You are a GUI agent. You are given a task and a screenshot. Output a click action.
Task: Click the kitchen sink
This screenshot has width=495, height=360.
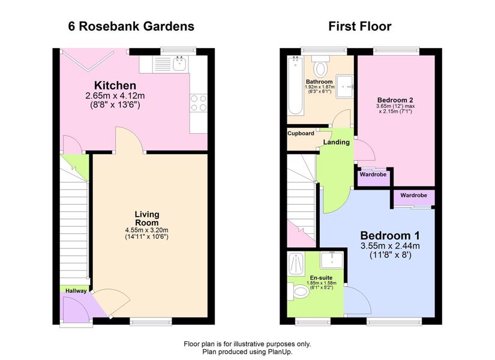tap(180, 64)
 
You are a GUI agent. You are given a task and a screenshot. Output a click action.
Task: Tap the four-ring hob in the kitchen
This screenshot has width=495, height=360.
tap(199, 103)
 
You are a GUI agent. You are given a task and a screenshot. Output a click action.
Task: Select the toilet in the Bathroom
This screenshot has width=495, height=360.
tap(321, 66)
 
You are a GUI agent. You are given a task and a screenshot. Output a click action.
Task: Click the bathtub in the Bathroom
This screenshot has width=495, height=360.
tap(295, 85)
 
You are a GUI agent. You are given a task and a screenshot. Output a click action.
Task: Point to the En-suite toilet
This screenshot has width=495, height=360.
tap(298, 291)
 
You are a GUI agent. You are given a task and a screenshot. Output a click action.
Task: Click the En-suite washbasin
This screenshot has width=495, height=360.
tap(332, 260)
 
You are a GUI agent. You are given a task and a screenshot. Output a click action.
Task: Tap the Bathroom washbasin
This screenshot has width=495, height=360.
tap(345, 86)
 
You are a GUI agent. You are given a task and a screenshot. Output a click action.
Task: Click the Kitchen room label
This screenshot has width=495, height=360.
tap(115, 85)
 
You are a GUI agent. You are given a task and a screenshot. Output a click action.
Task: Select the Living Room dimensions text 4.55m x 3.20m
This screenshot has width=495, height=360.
tap(146, 230)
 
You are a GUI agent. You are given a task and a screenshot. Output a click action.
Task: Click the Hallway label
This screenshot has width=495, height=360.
tap(76, 291)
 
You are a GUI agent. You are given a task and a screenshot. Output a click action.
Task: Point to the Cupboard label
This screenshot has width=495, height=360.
tap(301, 133)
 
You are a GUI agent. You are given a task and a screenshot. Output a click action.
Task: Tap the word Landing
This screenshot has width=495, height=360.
tap(336, 142)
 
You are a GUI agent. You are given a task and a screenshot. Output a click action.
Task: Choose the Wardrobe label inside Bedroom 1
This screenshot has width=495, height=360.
tap(413, 195)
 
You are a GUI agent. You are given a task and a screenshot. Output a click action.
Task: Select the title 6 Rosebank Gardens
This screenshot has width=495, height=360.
tap(131, 26)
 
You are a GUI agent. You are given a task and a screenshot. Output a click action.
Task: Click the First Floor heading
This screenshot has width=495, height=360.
tap(360, 26)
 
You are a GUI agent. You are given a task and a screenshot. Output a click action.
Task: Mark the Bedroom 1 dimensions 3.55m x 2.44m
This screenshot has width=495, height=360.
tap(390, 245)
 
